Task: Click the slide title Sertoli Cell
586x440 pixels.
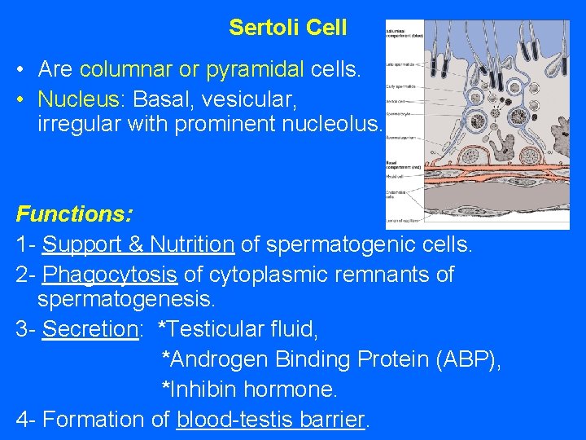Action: point(287,28)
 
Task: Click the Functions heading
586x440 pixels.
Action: point(75,215)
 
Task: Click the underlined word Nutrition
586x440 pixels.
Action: point(193,244)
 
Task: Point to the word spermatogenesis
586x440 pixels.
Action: point(126,301)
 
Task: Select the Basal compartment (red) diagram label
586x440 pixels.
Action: point(396,164)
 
